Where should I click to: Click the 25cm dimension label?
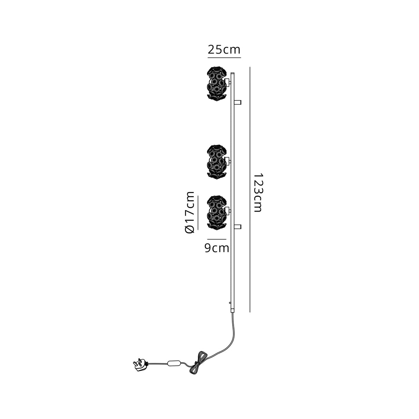(224, 50)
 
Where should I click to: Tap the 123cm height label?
(258, 193)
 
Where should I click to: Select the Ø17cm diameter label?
(189, 213)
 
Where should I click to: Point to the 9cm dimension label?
(217, 248)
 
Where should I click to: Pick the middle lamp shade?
(216, 162)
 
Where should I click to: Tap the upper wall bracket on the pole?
(238, 102)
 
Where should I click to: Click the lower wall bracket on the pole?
(238, 226)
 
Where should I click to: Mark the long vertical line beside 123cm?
(250, 190)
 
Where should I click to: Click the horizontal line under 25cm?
(224, 58)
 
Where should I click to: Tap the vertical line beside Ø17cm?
(198, 213)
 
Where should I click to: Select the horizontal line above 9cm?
(217, 239)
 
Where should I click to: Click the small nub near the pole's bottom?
(230, 303)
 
